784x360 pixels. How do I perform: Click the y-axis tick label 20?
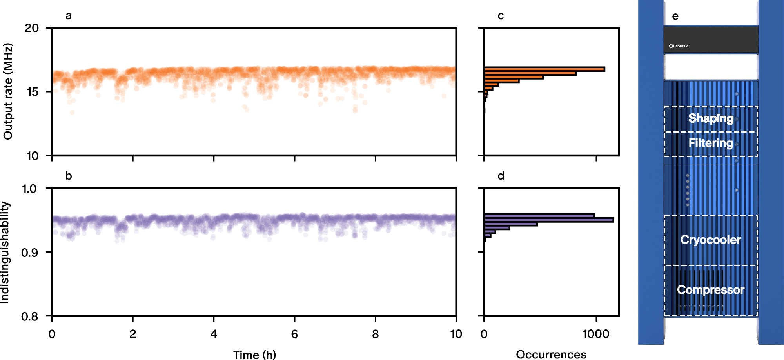point(32,28)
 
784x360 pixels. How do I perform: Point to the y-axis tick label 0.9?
point(29,253)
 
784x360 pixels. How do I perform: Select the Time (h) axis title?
point(254,355)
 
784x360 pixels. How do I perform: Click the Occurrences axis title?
point(551,355)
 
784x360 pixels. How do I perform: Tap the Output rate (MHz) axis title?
point(8,91)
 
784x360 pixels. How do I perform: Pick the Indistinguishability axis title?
point(5,252)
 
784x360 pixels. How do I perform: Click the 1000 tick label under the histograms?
point(596,334)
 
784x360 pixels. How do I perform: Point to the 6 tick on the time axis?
point(294,334)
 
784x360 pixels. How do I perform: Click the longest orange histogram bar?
point(544,69)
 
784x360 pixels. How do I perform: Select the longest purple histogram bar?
point(549,220)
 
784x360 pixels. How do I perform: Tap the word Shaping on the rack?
point(711,118)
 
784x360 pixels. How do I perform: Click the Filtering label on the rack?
point(711,143)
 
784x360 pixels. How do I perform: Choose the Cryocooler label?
point(711,240)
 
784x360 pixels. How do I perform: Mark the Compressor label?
point(711,290)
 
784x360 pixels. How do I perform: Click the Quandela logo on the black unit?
point(679,46)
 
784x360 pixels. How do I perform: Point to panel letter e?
point(675,16)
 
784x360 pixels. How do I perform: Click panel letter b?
point(69,176)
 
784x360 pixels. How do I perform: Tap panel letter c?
point(501,16)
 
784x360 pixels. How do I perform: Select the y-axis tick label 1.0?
point(29,189)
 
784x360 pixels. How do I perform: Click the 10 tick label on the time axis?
point(456,334)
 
